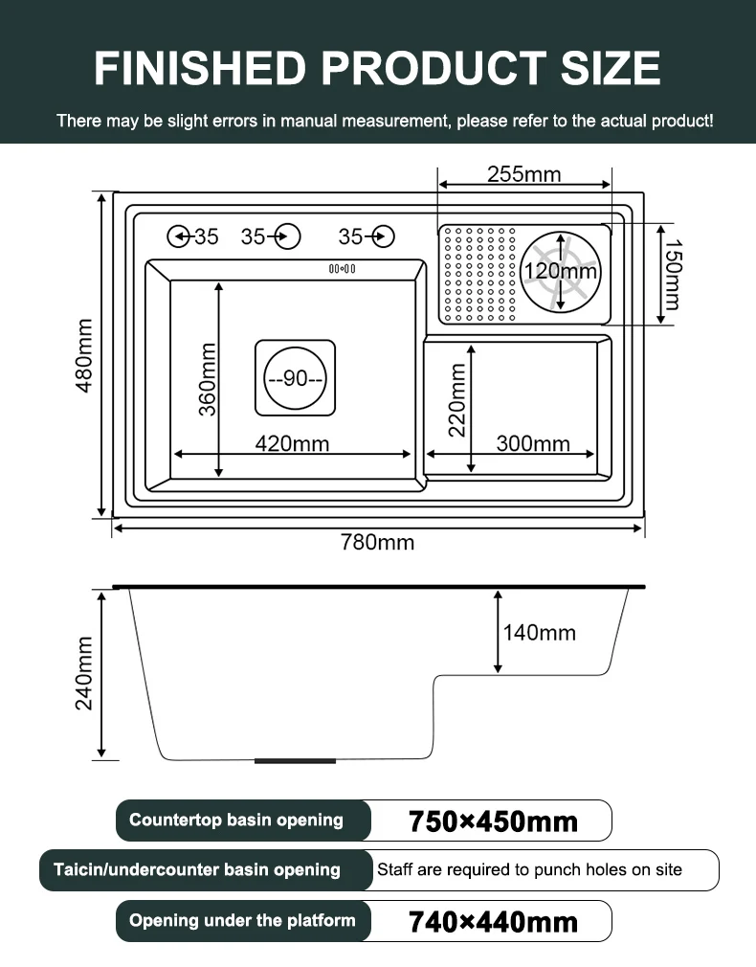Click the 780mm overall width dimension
click(x=378, y=543)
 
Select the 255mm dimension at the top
click(x=523, y=174)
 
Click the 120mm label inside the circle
click(x=561, y=272)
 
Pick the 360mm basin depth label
click(x=208, y=379)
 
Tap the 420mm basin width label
click(x=292, y=443)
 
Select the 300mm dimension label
click(x=533, y=443)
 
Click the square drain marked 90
click(x=295, y=378)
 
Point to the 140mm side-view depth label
click(x=540, y=632)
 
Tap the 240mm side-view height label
click(x=84, y=673)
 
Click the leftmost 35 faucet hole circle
click(x=178, y=236)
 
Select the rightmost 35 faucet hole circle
click(x=383, y=236)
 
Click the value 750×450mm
click(x=493, y=821)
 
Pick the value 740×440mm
click(x=493, y=922)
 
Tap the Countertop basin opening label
click(x=236, y=820)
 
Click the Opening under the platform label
click(x=242, y=920)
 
